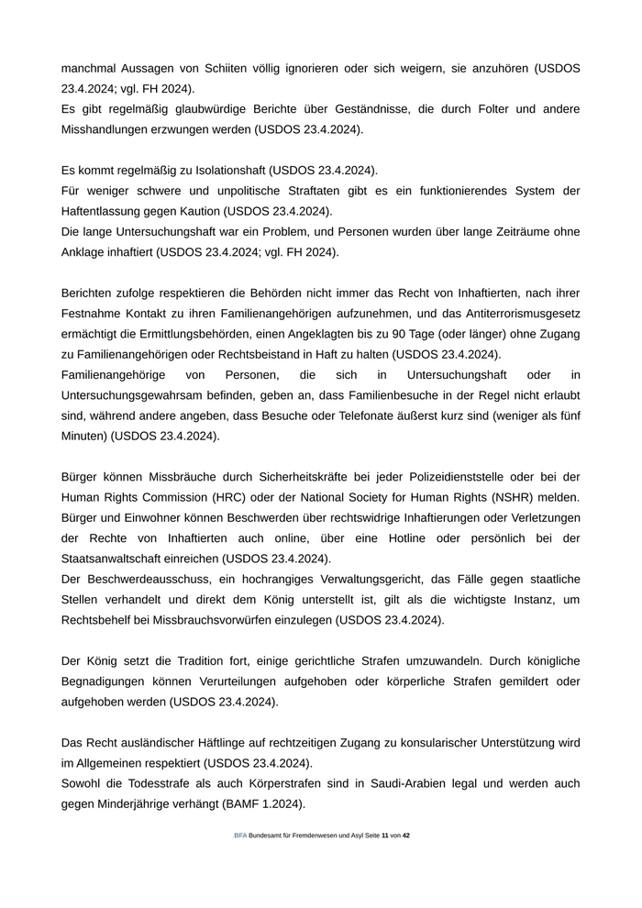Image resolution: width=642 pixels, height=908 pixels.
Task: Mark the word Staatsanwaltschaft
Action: click(x=118, y=559)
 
